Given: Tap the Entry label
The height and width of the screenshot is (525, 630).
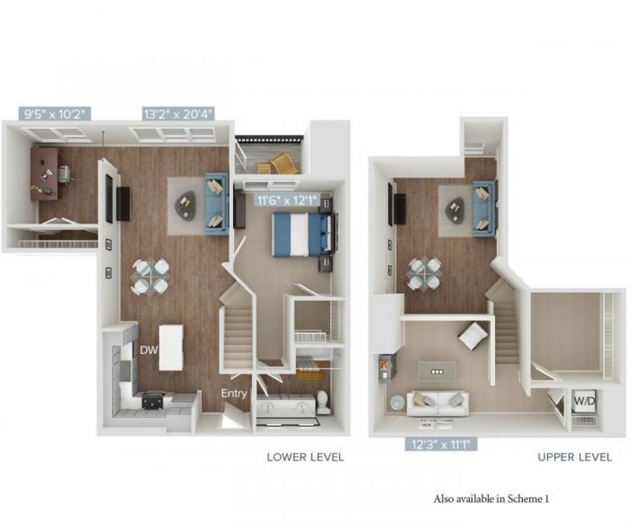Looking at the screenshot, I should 234,393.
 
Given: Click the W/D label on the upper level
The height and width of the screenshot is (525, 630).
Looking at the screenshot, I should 584,400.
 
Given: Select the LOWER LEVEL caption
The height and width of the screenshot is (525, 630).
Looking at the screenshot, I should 305,457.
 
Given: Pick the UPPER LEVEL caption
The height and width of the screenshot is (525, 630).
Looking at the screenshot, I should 574,457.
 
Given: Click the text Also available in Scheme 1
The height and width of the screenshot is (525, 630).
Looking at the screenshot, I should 491,499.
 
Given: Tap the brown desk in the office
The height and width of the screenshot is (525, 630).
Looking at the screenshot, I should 45,173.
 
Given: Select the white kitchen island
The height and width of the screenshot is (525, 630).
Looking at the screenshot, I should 171,347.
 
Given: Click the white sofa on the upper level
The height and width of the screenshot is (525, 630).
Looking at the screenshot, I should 438,403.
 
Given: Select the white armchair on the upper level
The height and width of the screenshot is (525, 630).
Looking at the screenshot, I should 473,335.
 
